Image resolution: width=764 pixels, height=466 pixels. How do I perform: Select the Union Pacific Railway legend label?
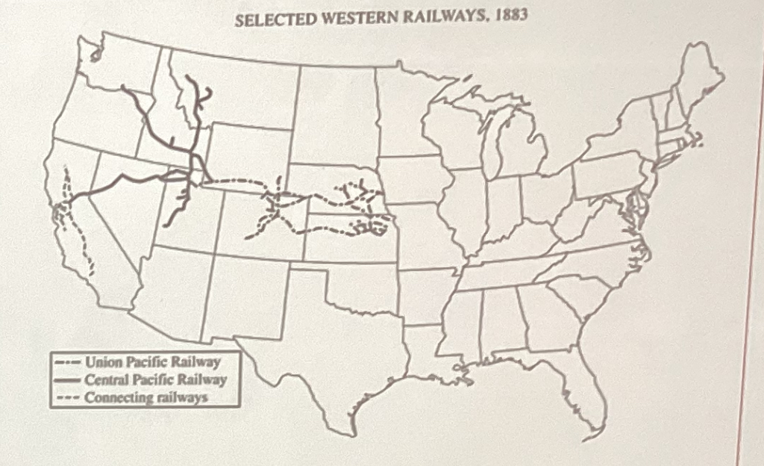(153, 362)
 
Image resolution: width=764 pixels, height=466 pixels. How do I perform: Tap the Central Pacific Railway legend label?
(155, 380)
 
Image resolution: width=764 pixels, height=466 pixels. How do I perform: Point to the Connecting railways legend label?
(145, 397)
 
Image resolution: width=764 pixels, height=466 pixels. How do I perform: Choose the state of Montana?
(239, 90)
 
